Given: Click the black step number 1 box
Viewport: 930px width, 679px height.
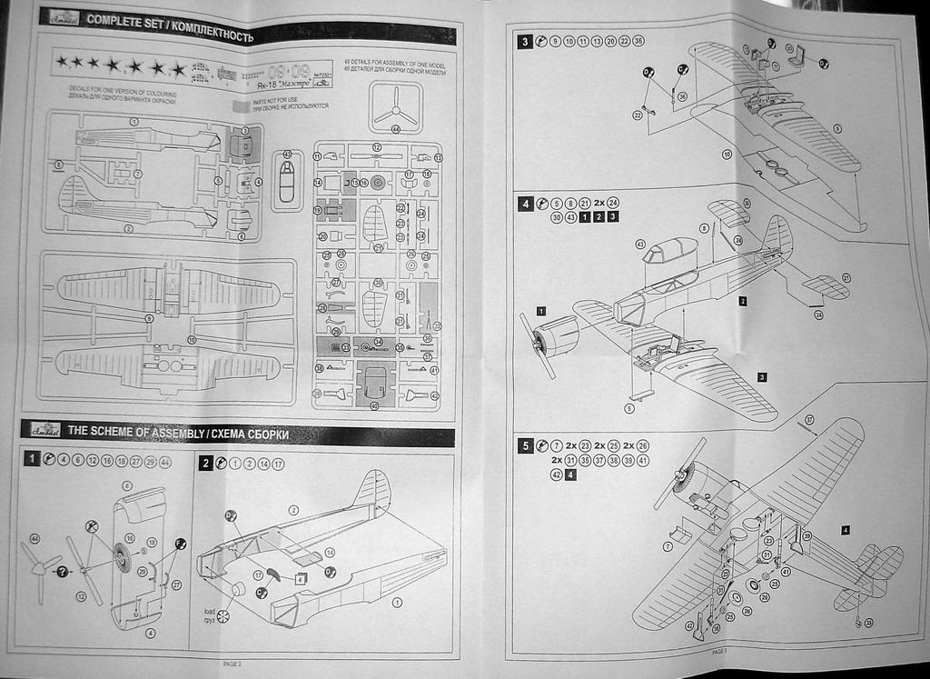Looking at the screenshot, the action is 32,460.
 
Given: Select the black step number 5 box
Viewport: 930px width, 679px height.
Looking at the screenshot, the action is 526,446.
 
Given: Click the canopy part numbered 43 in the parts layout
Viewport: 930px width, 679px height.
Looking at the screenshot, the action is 286,178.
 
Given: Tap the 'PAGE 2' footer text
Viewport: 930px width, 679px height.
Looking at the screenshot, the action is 232,664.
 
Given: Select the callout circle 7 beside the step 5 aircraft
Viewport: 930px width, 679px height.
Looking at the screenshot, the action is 668,546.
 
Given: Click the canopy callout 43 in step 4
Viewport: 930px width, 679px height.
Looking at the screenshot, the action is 640,244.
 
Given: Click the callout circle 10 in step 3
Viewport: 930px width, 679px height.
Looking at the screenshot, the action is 727,155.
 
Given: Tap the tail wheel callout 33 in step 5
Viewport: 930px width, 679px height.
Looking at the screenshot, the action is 868,623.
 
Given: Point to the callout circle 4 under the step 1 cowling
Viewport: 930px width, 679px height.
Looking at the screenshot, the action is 150,633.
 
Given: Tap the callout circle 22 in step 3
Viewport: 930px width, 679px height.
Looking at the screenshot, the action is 638,115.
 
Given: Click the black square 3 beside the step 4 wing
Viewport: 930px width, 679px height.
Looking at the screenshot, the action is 761,377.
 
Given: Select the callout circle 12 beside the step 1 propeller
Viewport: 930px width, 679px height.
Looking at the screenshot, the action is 81,596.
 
